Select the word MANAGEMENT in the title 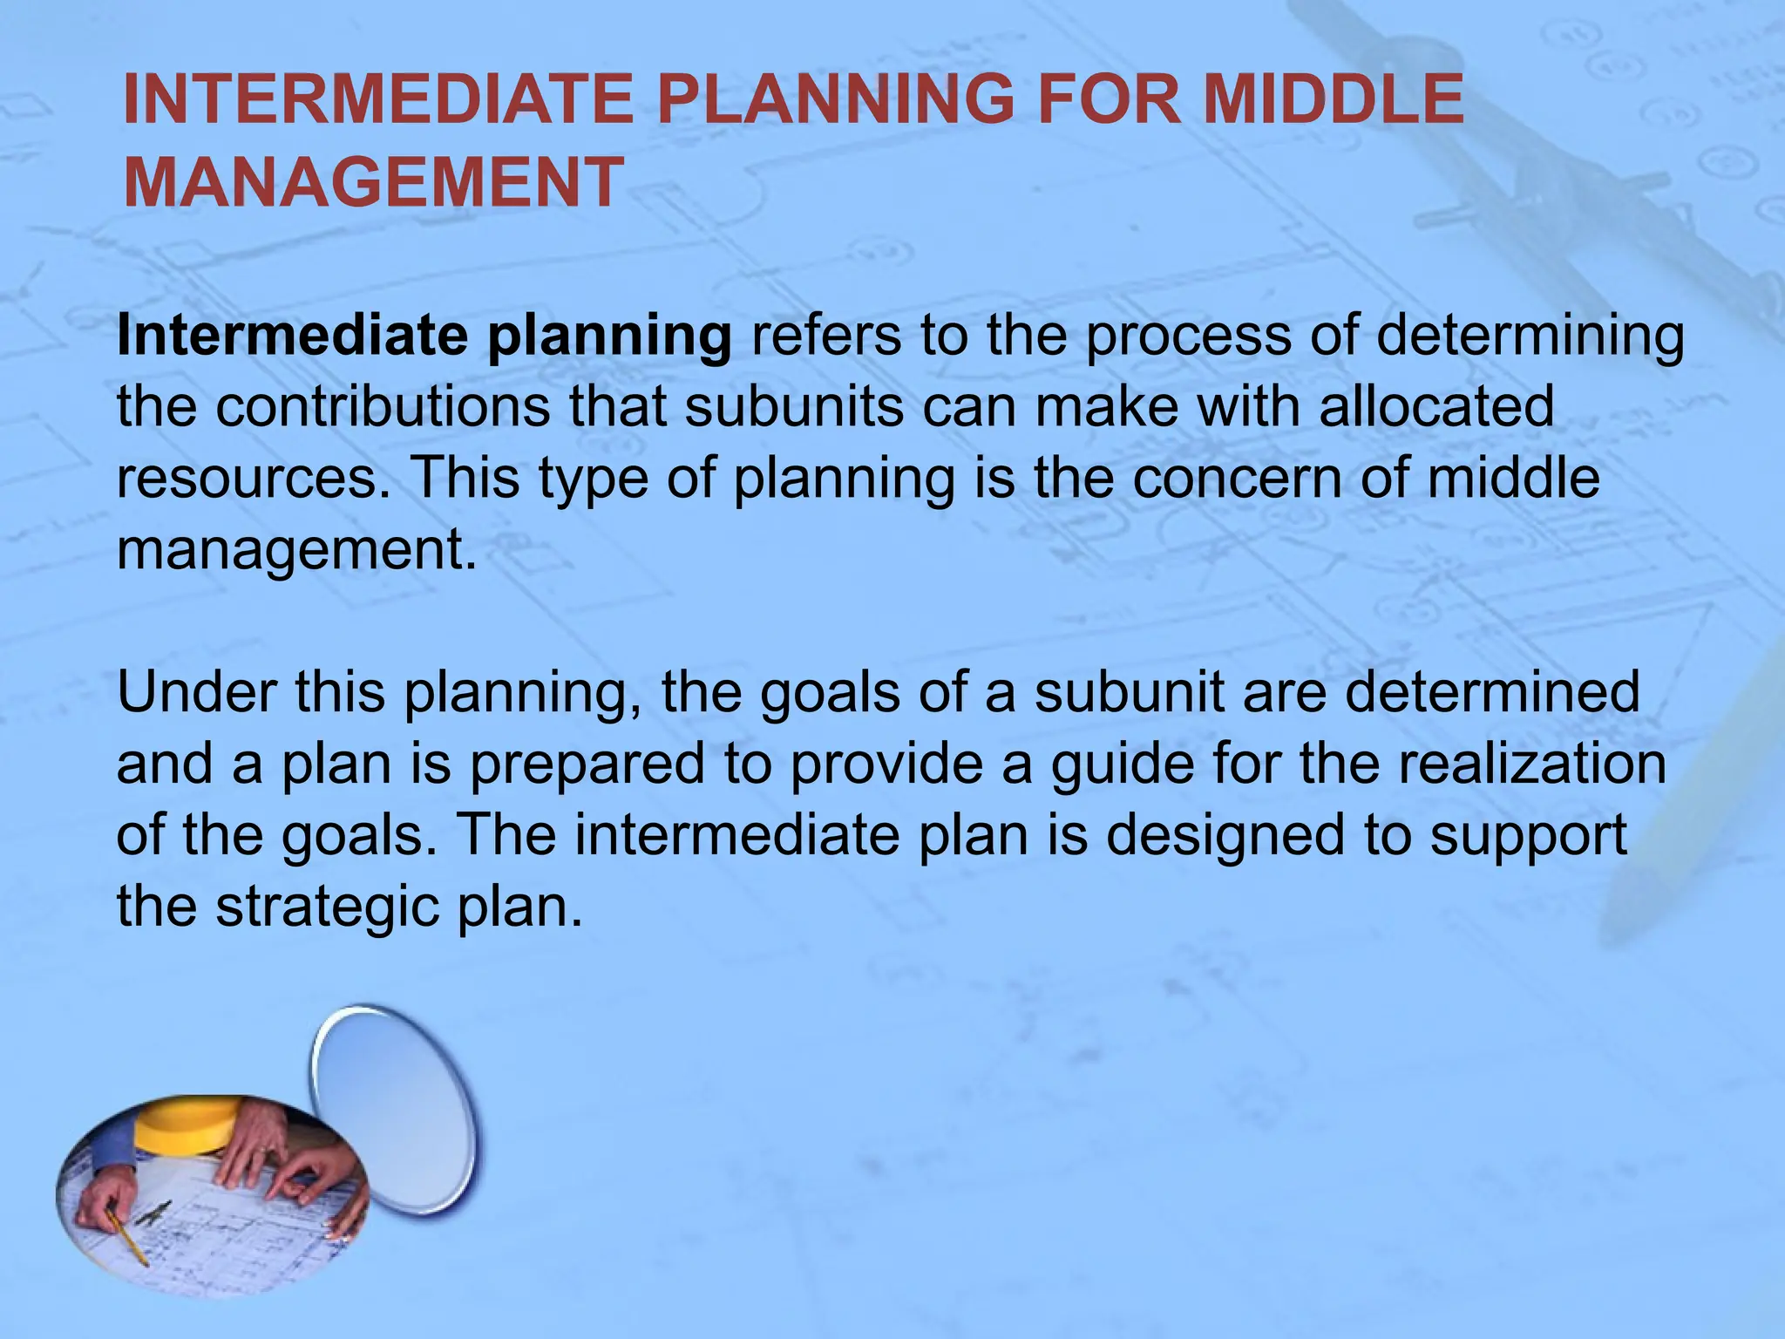tap(374, 181)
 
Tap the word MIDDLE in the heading tap(1333, 99)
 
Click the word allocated tap(1435, 407)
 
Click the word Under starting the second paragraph tap(194, 692)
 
